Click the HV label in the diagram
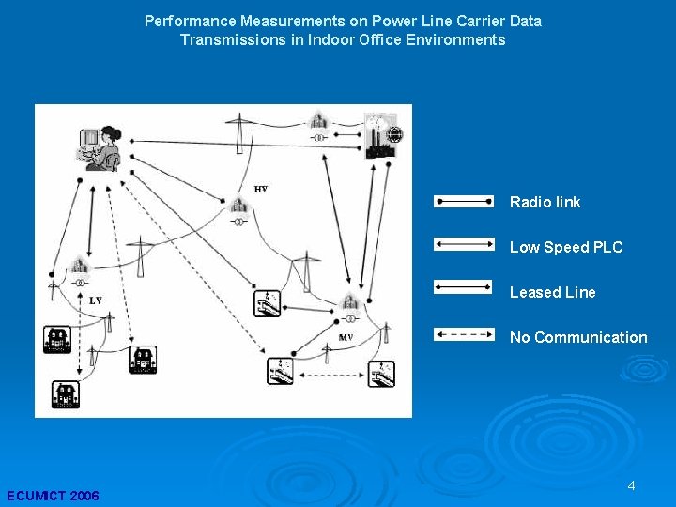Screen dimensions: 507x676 [x=261, y=190]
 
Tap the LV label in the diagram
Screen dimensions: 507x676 [x=96, y=300]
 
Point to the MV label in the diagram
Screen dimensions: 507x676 [x=346, y=336]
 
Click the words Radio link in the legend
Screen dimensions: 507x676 [x=545, y=202]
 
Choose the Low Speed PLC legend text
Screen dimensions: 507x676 [x=565, y=247]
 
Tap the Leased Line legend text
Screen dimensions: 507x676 [x=552, y=292]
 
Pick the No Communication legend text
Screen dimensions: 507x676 [x=578, y=337]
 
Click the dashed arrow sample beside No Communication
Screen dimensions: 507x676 [x=464, y=332]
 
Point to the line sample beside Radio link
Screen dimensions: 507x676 [x=464, y=200]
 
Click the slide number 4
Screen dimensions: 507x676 [x=631, y=485]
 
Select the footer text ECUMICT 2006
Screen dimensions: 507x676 [x=53, y=496]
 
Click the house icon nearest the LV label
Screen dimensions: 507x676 [x=57, y=338]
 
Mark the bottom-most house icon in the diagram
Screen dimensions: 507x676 [x=66, y=394]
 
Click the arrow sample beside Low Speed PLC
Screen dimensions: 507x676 [x=464, y=244]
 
